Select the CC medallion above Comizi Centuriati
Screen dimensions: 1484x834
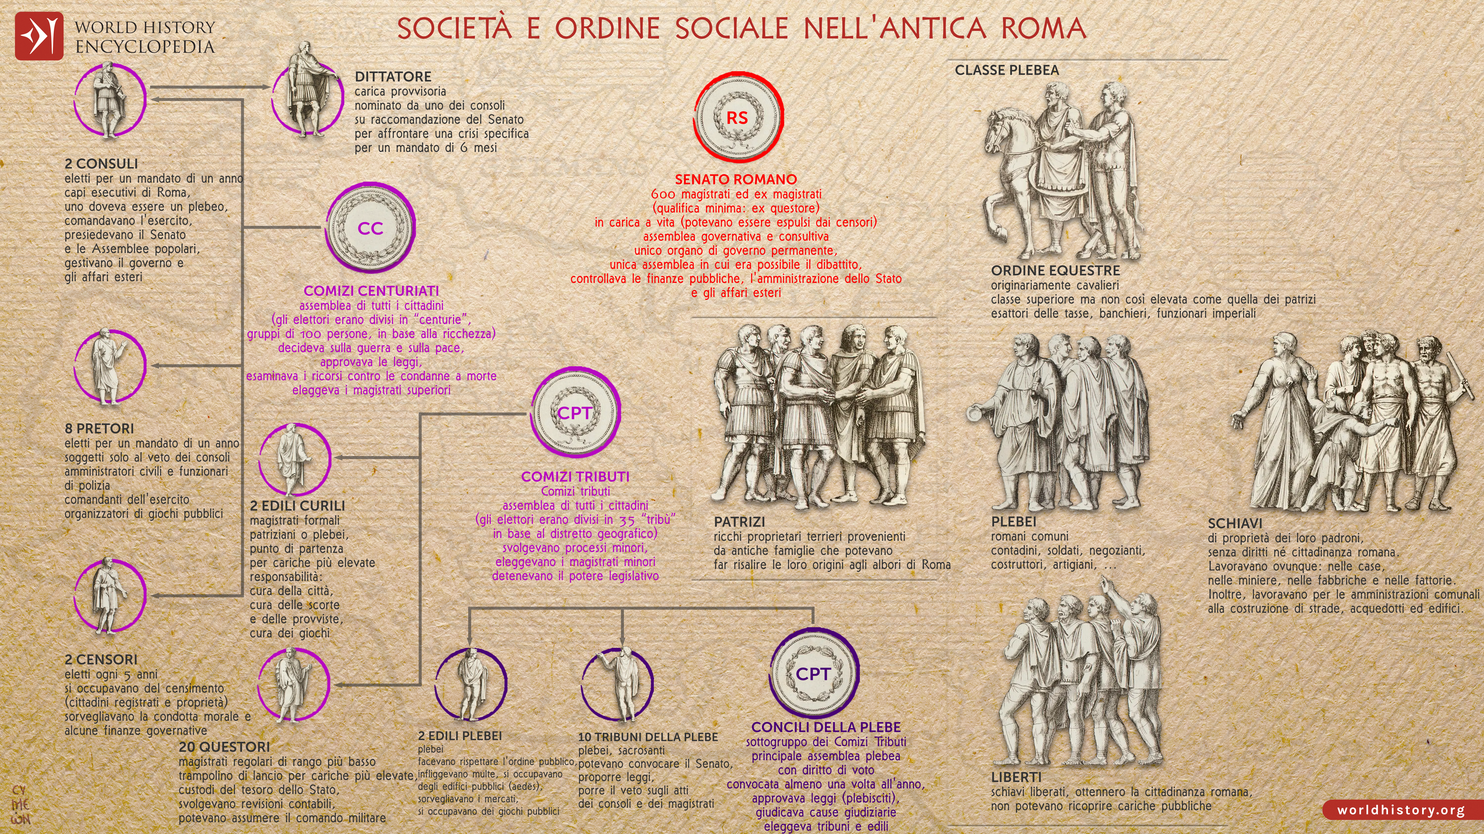point(370,228)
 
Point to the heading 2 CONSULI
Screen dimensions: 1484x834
point(101,164)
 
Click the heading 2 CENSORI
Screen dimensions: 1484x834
point(101,659)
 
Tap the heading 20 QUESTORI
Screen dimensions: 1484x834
point(224,747)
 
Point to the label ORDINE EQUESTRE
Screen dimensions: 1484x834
point(1055,270)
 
